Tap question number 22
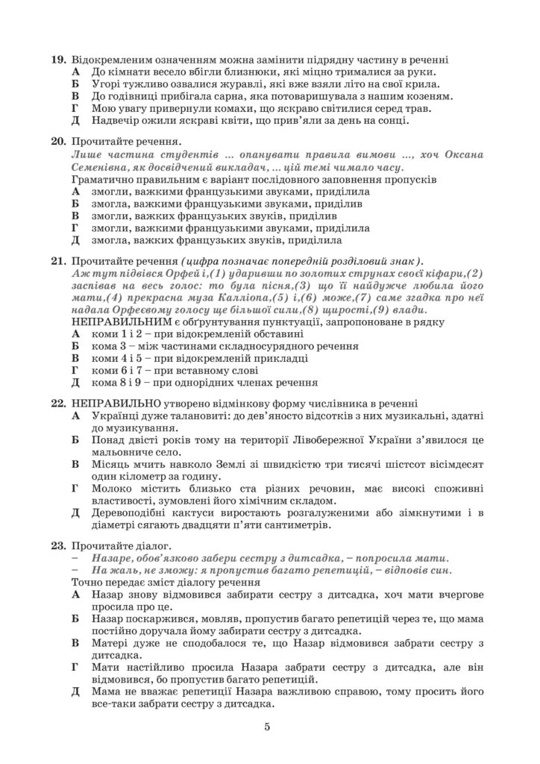tap(58, 402)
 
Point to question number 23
tap(58, 545)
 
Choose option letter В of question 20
tap(75, 216)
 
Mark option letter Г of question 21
tap(75, 370)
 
